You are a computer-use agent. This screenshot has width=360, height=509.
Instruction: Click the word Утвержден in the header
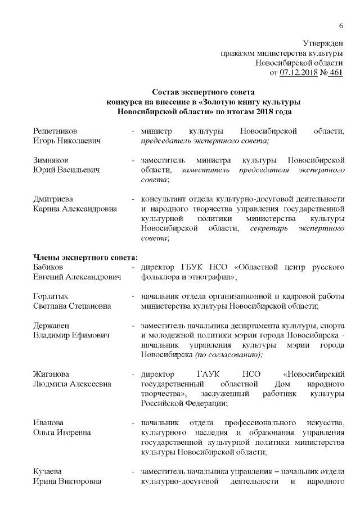[323, 43]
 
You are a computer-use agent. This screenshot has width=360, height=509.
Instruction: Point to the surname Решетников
[56, 131]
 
